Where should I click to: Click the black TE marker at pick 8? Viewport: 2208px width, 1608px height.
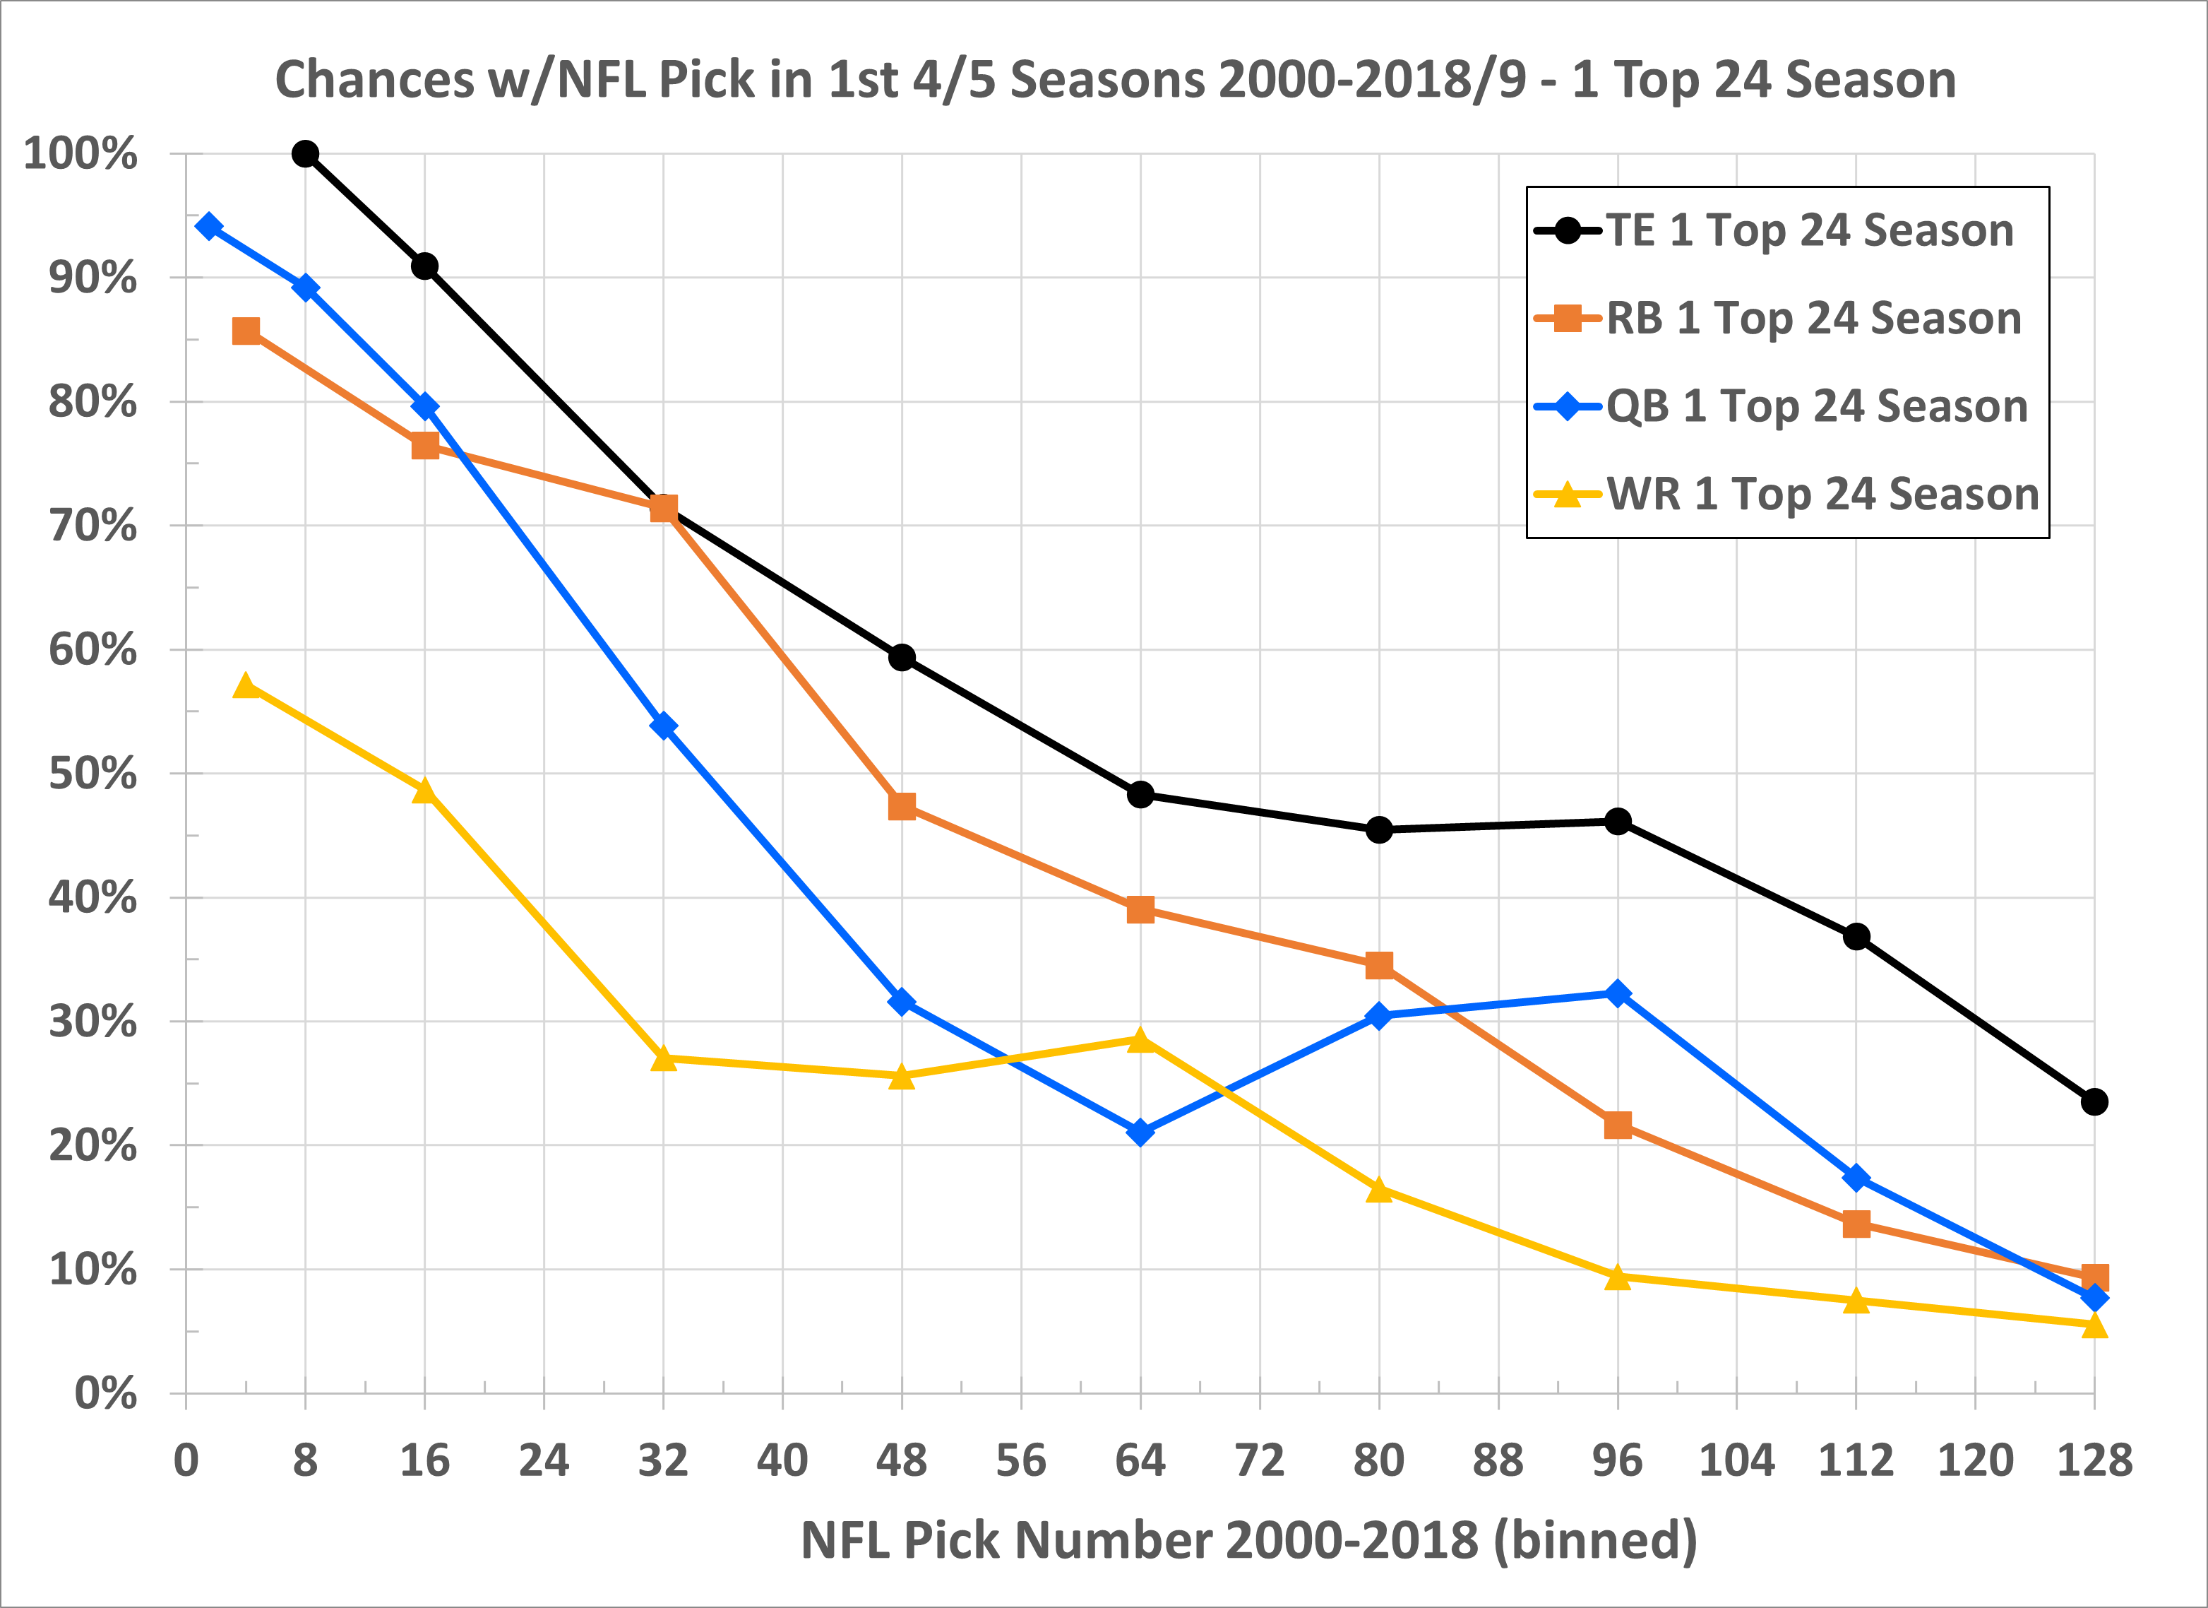click(x=306, y=154)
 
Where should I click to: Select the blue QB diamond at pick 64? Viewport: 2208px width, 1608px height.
click(x=1140, y=1133)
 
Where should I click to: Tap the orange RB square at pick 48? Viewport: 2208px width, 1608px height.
click(x=902, y=806)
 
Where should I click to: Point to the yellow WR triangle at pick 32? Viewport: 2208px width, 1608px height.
click(x=663, y=1058)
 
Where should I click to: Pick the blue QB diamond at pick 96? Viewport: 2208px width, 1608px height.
click(x=1617, y=993)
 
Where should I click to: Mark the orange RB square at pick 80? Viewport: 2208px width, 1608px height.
click(x=1378, y=965)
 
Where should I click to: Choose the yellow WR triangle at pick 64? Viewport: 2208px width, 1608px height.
click(x=1140, y=1040)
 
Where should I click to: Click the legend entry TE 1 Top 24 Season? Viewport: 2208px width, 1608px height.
click(x=1809, y=231)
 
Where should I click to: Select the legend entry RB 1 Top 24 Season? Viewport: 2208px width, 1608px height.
click(x=1813, y=319)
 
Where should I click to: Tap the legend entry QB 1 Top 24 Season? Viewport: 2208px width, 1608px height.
click(x=1817, y=406)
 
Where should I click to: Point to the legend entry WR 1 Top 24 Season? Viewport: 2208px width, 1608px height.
click(x=1822, y=495)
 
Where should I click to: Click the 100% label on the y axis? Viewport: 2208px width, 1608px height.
click(x=80, y=154)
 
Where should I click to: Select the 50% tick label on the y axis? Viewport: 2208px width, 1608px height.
click(x=93, y=774)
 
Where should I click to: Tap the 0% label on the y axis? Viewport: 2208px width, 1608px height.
click(x=106, y=1394)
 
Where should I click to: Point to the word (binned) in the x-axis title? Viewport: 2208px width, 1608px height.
click(x=1594, y=1541)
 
